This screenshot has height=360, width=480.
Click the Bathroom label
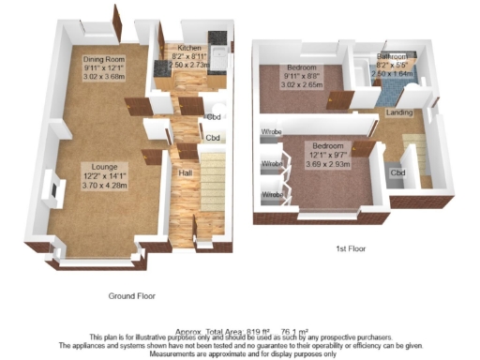(390, 56)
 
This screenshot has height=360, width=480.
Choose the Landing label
(401, 112)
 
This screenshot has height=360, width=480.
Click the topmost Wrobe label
(272, 132)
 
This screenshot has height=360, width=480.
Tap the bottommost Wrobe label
(272, 195)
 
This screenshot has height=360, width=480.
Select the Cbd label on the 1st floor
(397, 173)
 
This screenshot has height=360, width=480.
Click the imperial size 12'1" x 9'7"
(327, 156)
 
